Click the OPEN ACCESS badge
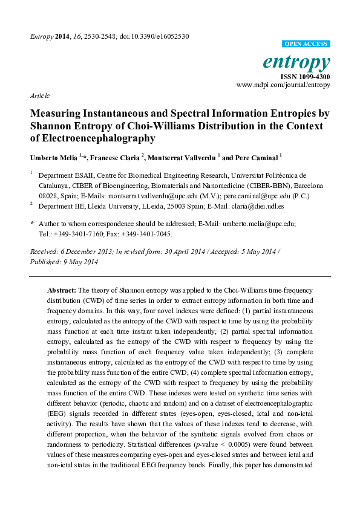tap(306, 44)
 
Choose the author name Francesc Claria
tap(114, 157)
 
